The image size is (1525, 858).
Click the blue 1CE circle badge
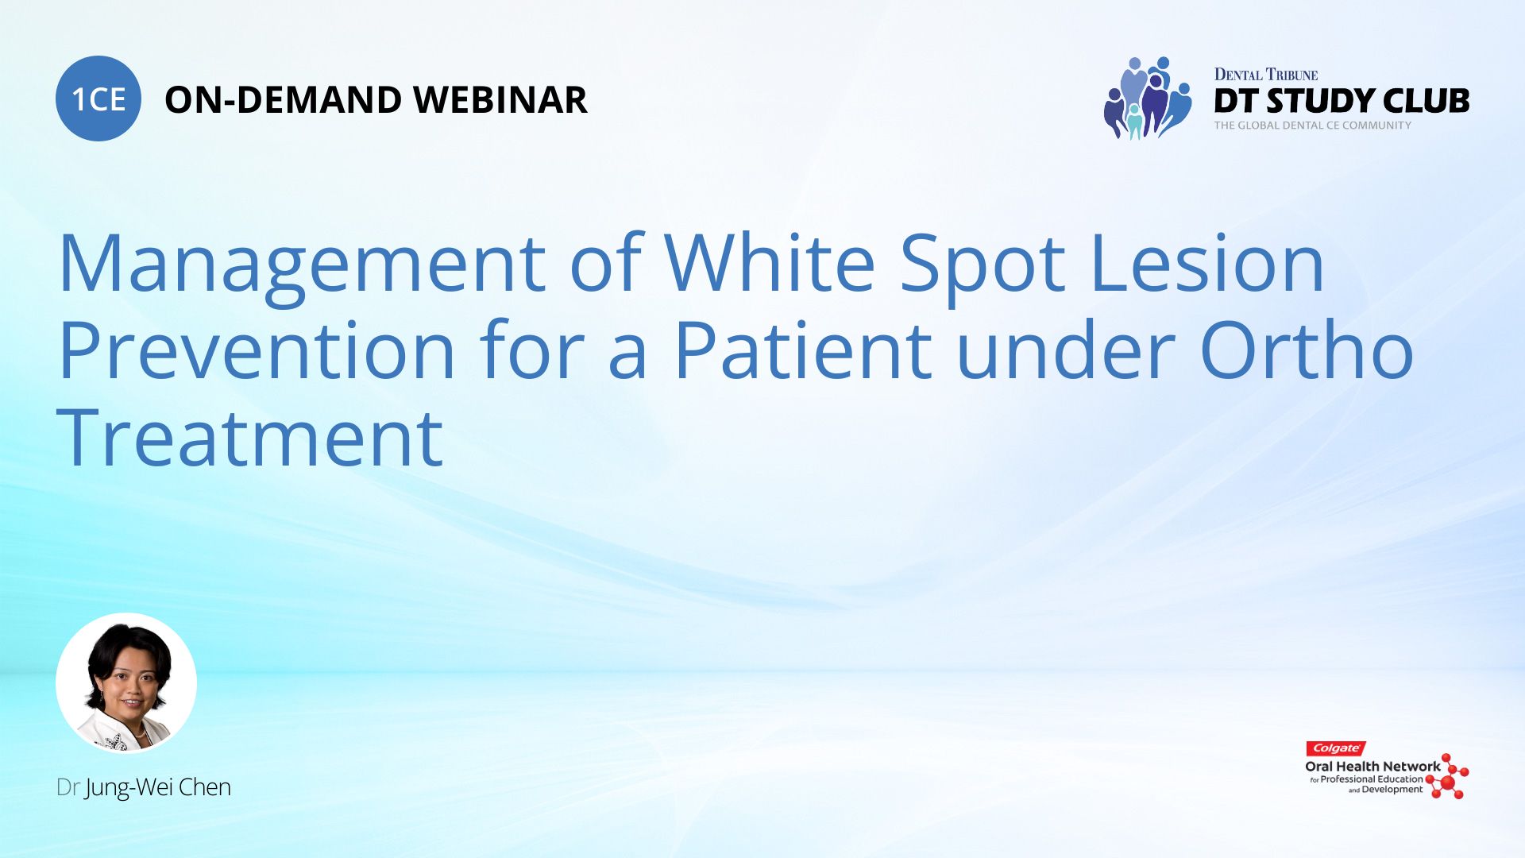click(98, 99)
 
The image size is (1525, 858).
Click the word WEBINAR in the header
click(500, 100)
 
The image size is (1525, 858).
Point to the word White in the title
click(769, 262)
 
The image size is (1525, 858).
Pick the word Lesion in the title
click(1207, 262)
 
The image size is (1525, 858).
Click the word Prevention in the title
click(257, 350)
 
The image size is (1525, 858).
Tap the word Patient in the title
click(803, 350)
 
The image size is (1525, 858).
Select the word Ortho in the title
click(1307, 350)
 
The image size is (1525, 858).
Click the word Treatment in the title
click(249, 438)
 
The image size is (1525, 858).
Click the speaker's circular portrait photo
click(126, 682)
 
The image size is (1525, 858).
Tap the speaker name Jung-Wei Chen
click(158, 787)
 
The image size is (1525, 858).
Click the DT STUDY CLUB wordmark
click(1342, 101)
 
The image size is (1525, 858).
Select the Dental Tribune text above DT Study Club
click(1265, 75)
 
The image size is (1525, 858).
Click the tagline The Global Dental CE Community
click(1312, 126)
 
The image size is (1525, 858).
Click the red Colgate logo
click(1335, 748)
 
